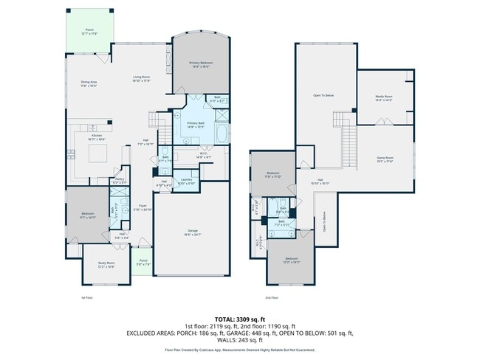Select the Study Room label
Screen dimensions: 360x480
click(x=106, y=264)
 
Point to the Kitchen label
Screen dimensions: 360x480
click(x=96, y=137)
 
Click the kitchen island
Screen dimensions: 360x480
click(x=99, y=154)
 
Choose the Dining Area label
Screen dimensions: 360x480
click(x=89, y=83)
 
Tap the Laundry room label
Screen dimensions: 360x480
click(x=186, y=181)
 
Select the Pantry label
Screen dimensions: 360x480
click(x=119, y=181)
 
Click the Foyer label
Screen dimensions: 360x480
click(x=143, y=209)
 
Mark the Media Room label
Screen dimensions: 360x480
click(x=383, y=98)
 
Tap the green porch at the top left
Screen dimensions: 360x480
click(x=89, y=32)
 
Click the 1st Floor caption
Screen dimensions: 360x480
click(x=87, y=298)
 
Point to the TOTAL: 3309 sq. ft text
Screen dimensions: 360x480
click(x=240, y=318)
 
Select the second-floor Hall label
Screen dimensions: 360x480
click(x=320, y=181)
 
